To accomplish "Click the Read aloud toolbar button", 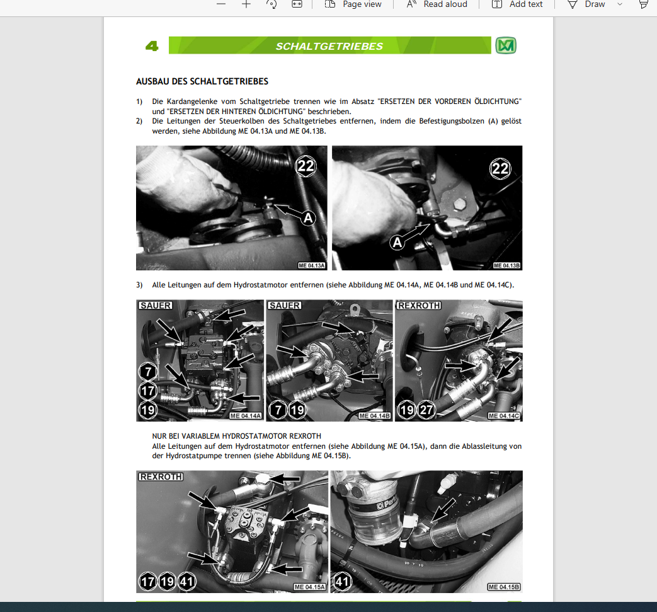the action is tap(437, 4).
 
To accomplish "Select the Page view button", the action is tap(353, 4).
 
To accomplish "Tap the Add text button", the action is tap(517, 4).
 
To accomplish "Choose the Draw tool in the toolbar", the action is tap(586, 4).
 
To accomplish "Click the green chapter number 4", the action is tap(152, 45).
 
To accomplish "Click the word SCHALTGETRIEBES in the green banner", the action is tap(329, 46).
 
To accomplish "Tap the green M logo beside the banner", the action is tap(506, 45).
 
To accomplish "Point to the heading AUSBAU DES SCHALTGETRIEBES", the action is tap(202, 81).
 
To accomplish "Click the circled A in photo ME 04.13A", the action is tap(308, 218).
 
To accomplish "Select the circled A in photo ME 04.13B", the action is tap(397, 242).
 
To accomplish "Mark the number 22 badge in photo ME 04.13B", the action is tap(500, 168).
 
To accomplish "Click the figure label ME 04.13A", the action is tap(312, 265).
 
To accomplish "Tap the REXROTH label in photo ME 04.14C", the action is tap(419, 306).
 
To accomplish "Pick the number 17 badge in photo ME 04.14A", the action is tap(147, 391).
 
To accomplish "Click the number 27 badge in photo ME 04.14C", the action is tap(426, 410).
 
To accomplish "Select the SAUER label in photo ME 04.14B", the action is tap(285, 306).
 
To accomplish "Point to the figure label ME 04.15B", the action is tap(504, 587).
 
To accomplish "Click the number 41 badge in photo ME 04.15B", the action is tap(342, 581).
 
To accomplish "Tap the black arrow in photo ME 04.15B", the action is tap(443, 510).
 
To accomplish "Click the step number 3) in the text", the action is tap(139, 285).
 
